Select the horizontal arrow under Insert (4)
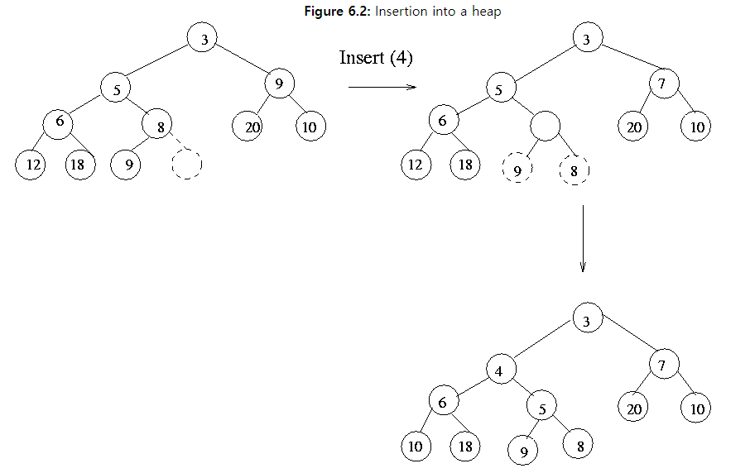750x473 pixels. click(x=382, y=86)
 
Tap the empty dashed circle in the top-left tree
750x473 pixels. click(x=188, y=165)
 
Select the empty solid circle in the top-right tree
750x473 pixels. click(x=546, y=126)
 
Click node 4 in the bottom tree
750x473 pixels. click(x=499, y=370)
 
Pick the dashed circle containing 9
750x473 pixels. click(x=517, y=169)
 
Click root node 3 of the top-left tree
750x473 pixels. click(x=202, y=38)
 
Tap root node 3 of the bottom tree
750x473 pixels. click(x=586, y=321)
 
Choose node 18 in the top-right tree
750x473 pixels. click(x=465, y=165)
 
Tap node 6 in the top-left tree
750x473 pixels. click(x=59, y=122)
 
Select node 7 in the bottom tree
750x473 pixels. click(x=663, y=364)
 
